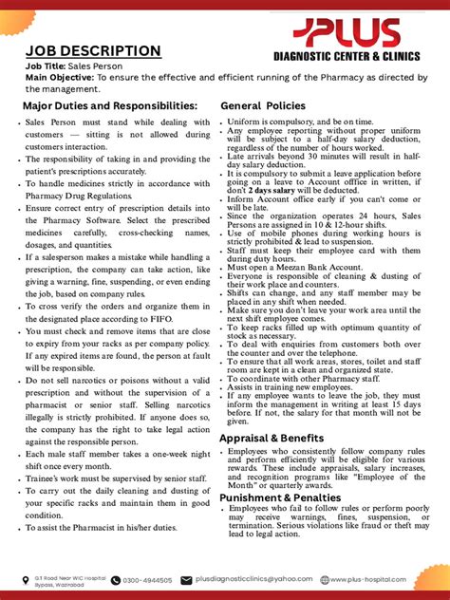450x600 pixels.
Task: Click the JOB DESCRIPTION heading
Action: tap(92, 50)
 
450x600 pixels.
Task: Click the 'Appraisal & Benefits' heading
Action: tap(281, 440)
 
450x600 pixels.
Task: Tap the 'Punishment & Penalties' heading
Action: tap(289, 497)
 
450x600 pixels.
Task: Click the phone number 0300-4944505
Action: tap(148, 580)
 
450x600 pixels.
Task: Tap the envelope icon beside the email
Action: tap(187, 580)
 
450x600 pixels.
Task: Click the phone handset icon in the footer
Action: tap(116, 580)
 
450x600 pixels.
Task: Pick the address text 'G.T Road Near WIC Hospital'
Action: tap(68, 576)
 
